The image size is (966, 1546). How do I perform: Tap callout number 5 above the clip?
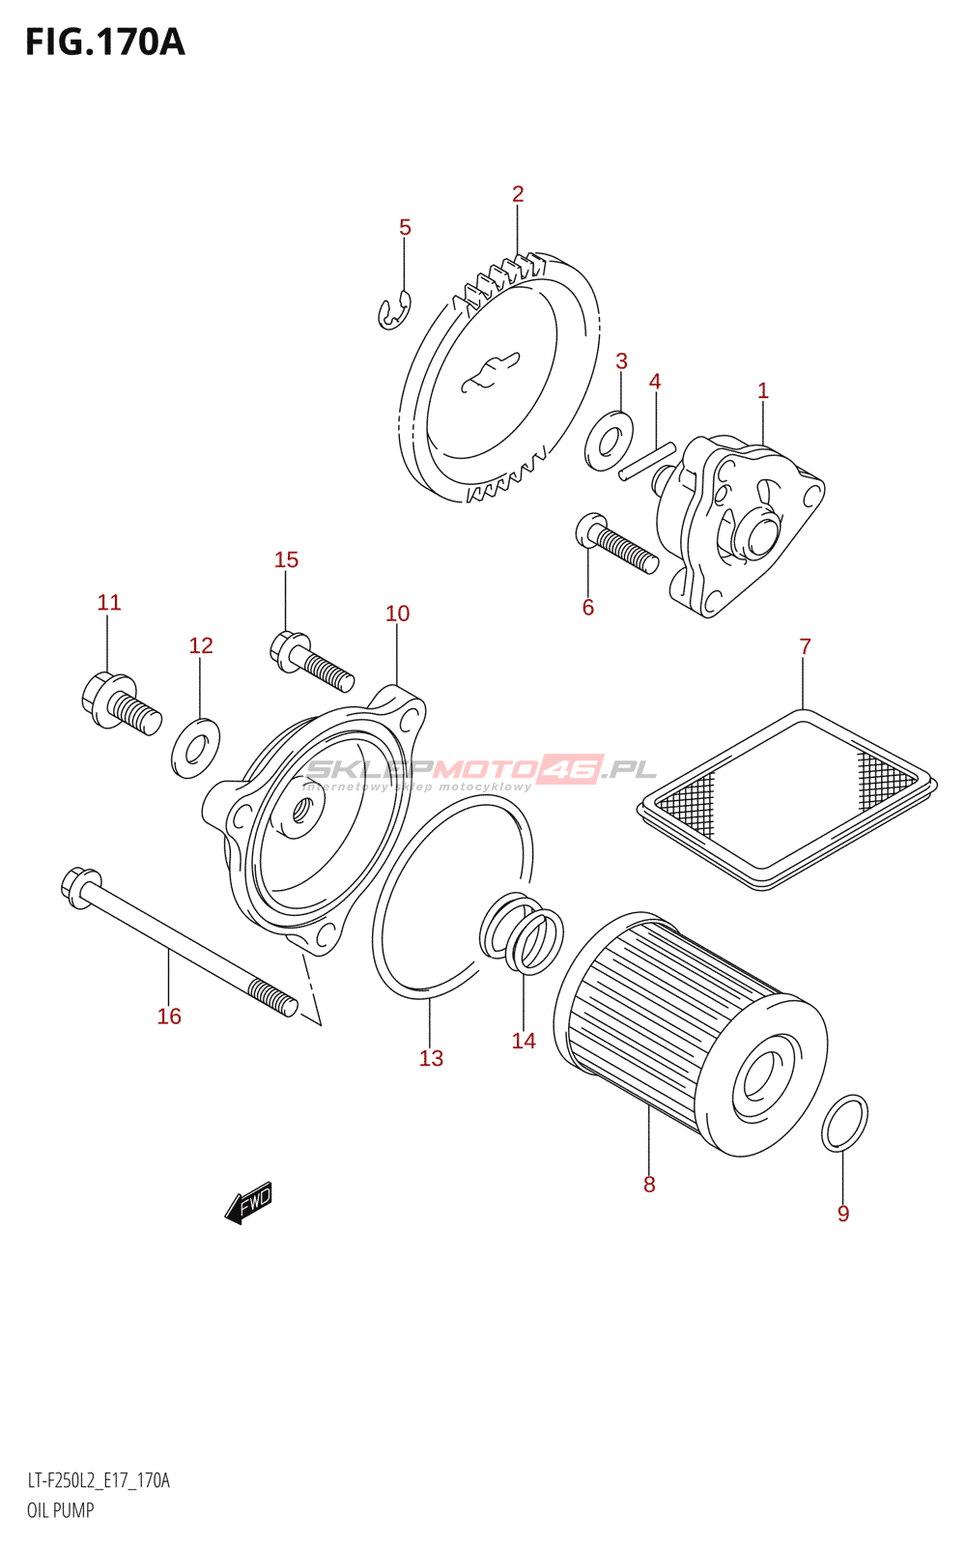coord(405,227)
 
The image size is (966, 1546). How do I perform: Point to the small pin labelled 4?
coord(647,460)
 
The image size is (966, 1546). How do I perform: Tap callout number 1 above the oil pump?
coord(762,390)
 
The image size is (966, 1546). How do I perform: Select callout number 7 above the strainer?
coord(805,645)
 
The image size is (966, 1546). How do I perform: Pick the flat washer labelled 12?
coord(195,747)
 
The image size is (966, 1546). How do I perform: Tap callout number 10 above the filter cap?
coord(397,613)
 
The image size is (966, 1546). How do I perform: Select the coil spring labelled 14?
coord(523,935)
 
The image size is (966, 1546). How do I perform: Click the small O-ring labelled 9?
coord(844,1124)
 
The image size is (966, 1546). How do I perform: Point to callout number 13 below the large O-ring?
coord(431,1058)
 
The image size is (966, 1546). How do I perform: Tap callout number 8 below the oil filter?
coord(649,1184)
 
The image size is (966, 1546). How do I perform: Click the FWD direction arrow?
coord(249,1202)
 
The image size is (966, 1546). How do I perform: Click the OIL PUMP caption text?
coord(60,1510)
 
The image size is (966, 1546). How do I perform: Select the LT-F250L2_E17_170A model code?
coord(99,1480)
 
